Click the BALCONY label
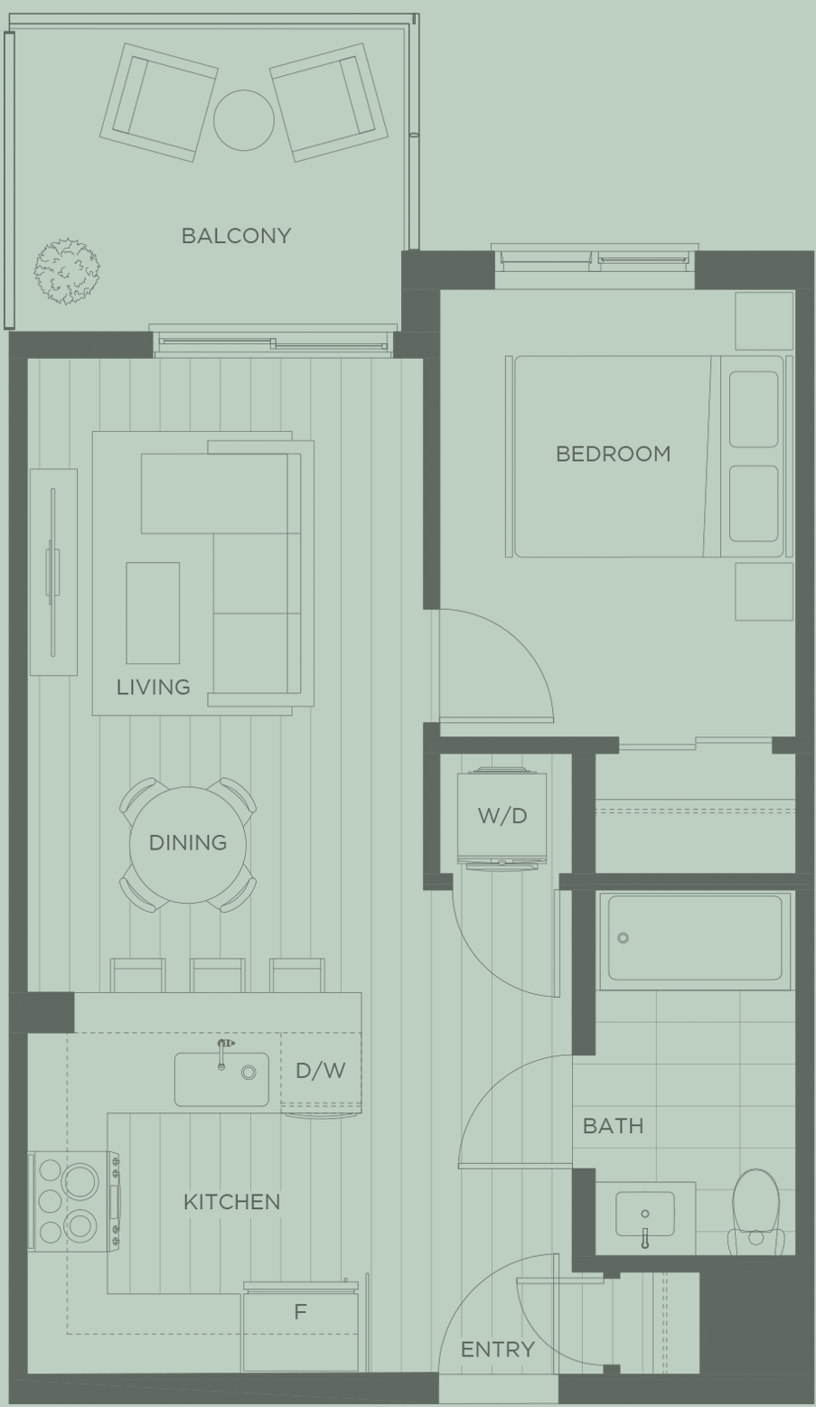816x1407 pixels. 236,236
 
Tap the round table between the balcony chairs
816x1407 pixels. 244,120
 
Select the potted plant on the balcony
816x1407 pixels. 67,271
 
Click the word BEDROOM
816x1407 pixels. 613,454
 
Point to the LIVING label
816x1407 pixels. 154,687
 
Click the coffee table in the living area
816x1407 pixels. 153,613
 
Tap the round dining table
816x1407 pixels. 188,845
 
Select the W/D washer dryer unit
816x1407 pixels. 502,818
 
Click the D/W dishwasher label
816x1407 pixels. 321,1070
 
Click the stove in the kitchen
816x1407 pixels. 74,1201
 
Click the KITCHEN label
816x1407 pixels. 232,1202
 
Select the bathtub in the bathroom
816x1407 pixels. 696,940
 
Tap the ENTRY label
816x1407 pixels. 498,1350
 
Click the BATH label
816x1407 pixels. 613,1126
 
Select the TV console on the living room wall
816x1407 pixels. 53,572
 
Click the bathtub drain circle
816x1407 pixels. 624,938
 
